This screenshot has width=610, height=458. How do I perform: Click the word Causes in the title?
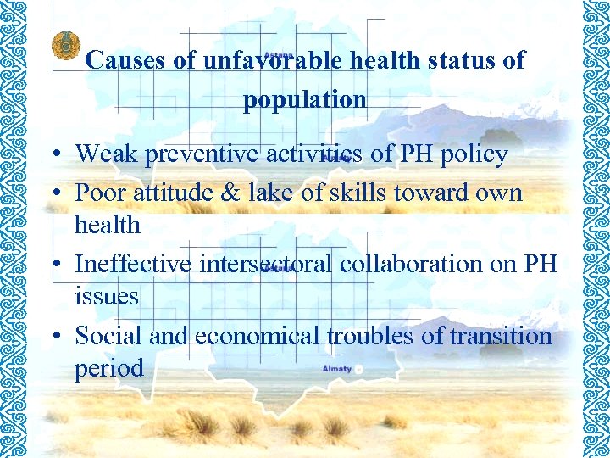coord(122,61)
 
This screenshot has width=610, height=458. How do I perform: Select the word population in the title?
coord(305,100)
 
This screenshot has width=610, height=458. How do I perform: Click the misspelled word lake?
coord(270,193)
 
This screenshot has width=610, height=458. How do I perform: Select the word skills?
coord(355,193)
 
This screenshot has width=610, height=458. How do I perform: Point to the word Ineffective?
coord(133,264)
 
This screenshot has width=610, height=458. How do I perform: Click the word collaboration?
coord(412,264)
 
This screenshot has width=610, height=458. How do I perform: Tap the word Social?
coord(109,336)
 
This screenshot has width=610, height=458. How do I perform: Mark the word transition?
coord(501,336)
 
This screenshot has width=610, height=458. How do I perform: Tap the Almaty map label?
coord(336,369)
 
